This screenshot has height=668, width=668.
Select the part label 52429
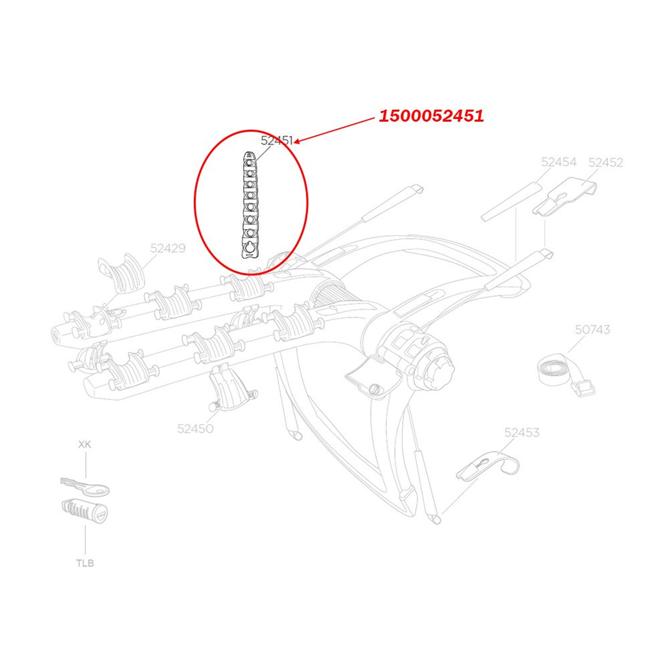[168, 248]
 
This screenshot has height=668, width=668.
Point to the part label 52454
[559, 162]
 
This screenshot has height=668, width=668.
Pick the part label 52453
[522, 432]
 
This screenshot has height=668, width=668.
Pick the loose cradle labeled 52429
[121, 273]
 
